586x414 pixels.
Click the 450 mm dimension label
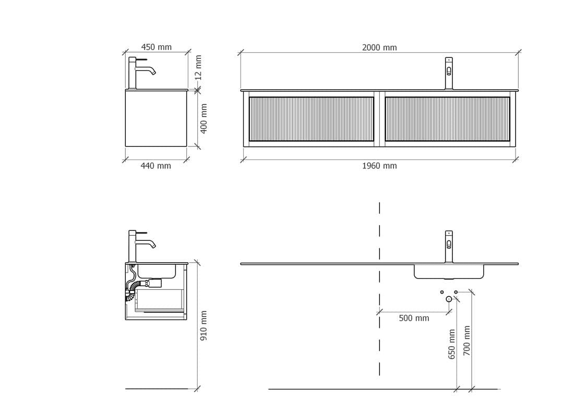(156, 47)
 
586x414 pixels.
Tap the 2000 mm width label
(379, 47)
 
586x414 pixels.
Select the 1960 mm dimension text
(379, 166)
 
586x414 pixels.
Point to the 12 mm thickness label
(198, 68)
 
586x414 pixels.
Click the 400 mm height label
(204, 118)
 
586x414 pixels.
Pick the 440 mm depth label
(156, 166)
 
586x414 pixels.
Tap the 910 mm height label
(204, 325)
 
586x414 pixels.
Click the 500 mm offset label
(414, 318)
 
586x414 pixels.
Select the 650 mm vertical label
(452, 344)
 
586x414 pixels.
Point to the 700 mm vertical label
(467, 340)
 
